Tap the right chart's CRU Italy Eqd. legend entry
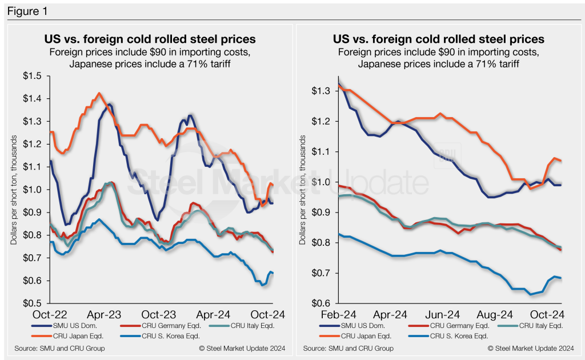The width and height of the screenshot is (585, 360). pos(534,326)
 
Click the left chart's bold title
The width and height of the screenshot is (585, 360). pos(150,39)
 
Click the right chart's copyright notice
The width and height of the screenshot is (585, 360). pos(530,348)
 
